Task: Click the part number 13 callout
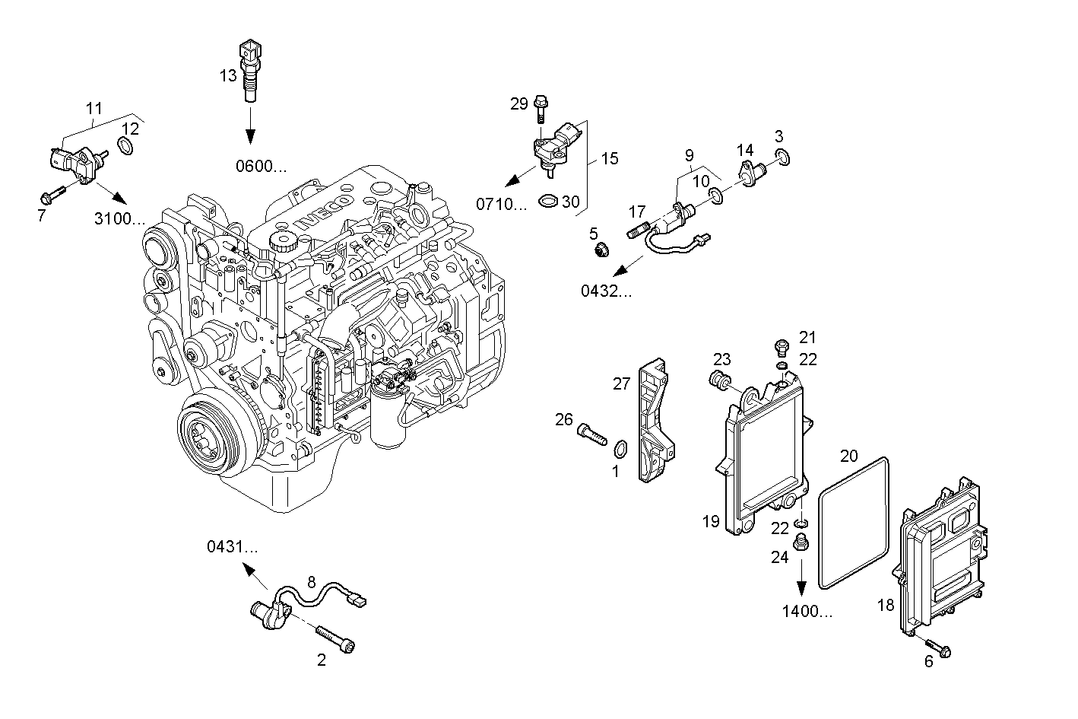[x=228, y=75]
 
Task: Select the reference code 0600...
[x=261, y=167]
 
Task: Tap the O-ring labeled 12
[x=127, y=145]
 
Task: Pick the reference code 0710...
[x=501, y=203]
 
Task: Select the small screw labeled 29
[x=541, y=107]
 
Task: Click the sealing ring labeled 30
[x=547, y=202]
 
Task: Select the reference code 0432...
[x=606, y=290]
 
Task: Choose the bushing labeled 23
[x=719, y=380]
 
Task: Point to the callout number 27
[x=622, y=383]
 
